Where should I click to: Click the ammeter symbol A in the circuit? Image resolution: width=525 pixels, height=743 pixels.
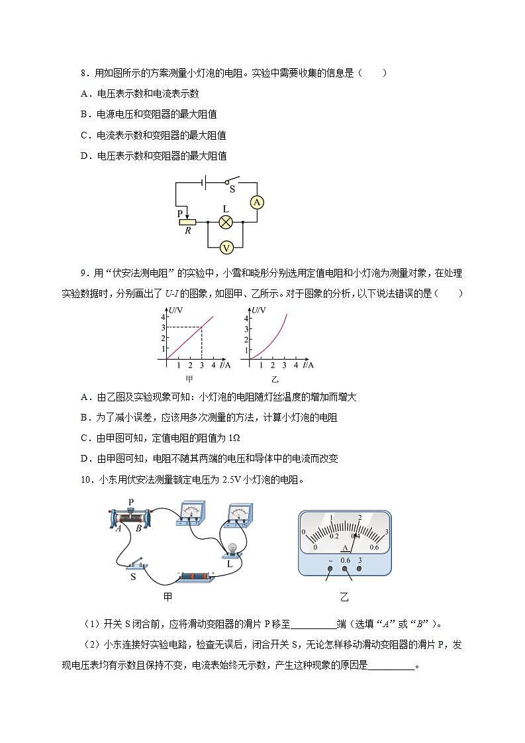coord(257,203)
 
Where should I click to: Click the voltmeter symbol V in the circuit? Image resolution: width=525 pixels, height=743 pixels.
coord(226,247)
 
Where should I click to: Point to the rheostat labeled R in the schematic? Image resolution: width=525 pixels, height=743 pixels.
coord(188,222)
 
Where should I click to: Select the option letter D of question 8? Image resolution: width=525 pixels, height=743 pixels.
coord(85,156)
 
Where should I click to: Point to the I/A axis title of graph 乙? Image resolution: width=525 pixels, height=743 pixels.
coord(308,365)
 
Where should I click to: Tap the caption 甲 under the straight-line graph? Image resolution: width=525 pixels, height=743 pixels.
coord(189,379)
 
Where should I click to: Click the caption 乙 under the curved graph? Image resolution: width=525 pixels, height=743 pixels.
coord(275,379)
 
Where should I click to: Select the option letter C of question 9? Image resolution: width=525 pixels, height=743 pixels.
coord(85,438)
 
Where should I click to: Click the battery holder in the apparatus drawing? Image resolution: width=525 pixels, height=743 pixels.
coord(196,577)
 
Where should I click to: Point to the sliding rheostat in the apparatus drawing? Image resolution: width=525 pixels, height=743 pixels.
coord(130,517)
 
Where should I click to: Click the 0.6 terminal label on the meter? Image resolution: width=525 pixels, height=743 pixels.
coord(345,560)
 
